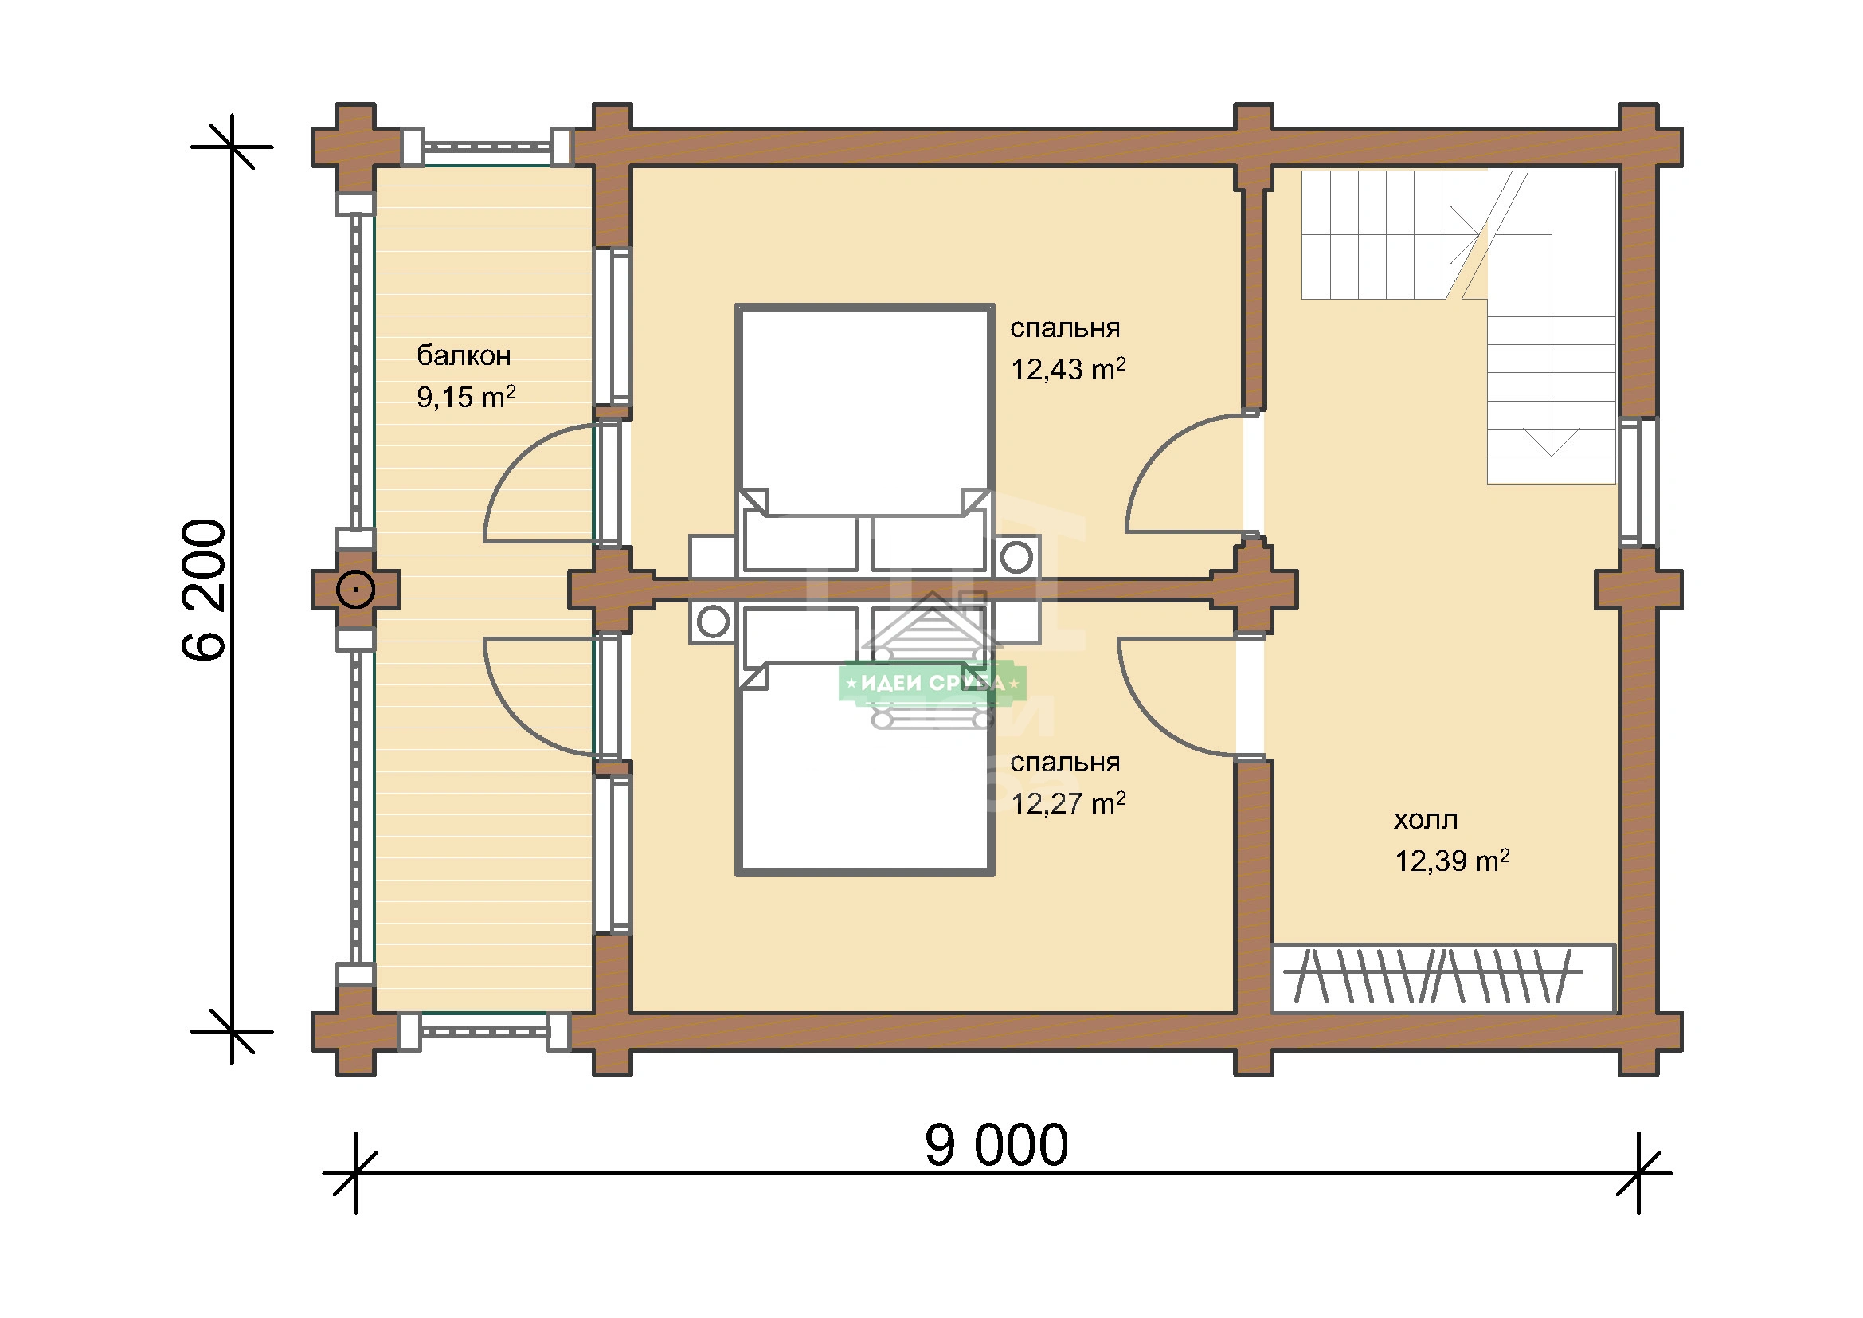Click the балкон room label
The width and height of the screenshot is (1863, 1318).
[464, 355]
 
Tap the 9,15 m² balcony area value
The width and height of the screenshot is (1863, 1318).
[466, 397]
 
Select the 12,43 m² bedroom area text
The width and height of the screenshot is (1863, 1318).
[1068, 369]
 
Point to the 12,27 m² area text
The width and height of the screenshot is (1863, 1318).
[1068, 803]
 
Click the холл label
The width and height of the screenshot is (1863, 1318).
[1426, 821]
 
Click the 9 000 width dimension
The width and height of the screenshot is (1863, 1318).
[996, 1145]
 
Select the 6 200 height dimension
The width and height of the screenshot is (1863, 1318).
[204, 590]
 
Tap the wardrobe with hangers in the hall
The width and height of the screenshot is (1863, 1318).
[1443, 978]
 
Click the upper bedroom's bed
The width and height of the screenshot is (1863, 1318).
[865, 439]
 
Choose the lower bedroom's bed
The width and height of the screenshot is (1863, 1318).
[865, 739]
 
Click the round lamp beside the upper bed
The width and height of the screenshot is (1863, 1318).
[1016, 557]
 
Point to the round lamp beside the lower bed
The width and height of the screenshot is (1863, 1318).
[713, 622]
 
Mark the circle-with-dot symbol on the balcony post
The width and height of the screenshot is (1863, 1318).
[355, 589]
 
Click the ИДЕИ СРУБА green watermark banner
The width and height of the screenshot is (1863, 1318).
[933, 684]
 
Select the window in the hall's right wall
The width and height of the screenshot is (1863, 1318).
[1638, 482]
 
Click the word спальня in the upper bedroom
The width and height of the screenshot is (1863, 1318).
[1065, 328]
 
